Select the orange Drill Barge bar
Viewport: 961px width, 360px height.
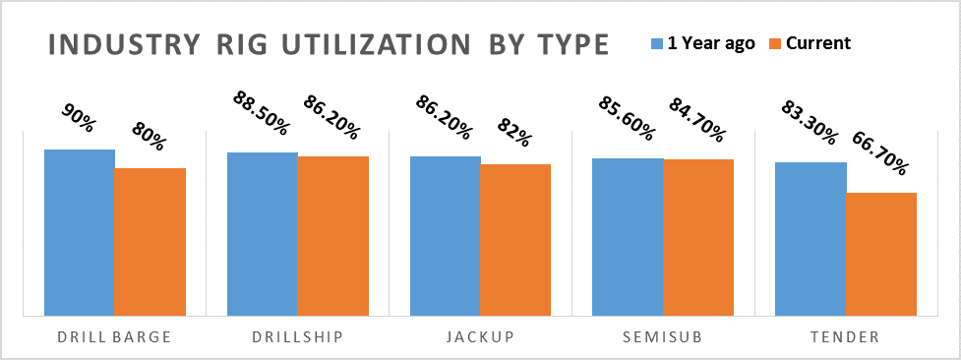click(x=150, y=242)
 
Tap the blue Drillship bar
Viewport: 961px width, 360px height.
click(x=263, y=234)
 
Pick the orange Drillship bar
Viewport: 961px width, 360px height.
click(x=332, y=236)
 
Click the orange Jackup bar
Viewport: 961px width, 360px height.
click(x=515, y=240)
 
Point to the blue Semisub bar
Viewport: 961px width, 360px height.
click(x=628, y=237)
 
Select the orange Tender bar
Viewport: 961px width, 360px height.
click(x=881, y=254)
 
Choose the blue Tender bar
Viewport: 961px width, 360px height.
click(x=811, y=239)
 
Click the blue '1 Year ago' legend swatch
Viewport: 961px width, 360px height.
click(x=657, y=43)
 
